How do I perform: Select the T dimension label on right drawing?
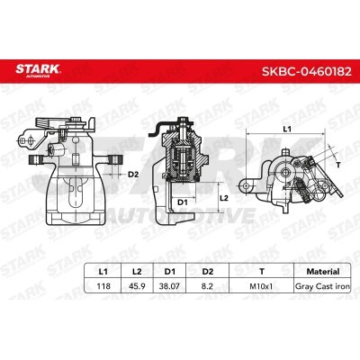point(337,166)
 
